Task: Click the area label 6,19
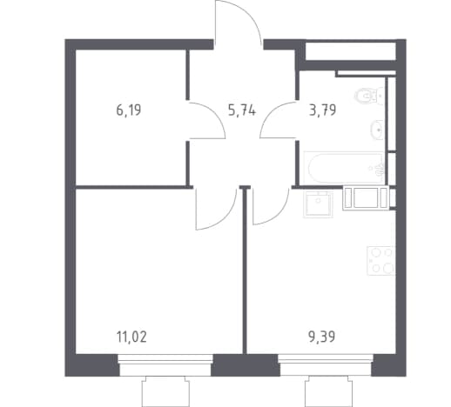129,110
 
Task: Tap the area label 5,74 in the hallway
242,110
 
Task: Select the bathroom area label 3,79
322,110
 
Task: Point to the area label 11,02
131,337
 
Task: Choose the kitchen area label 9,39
322,337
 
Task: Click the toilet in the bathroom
367,96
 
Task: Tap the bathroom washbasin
377,130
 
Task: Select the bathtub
345,168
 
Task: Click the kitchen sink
318,204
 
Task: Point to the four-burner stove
381,261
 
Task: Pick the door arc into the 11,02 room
229,215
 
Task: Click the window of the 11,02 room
165,364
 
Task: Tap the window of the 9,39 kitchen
326,364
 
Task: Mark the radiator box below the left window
165,391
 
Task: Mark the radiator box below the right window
328,391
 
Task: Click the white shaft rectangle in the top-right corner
351,51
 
